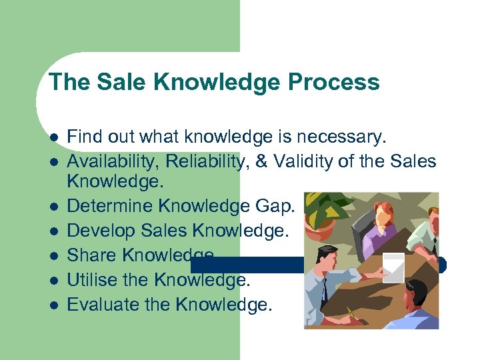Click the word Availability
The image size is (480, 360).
[120, 161]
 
